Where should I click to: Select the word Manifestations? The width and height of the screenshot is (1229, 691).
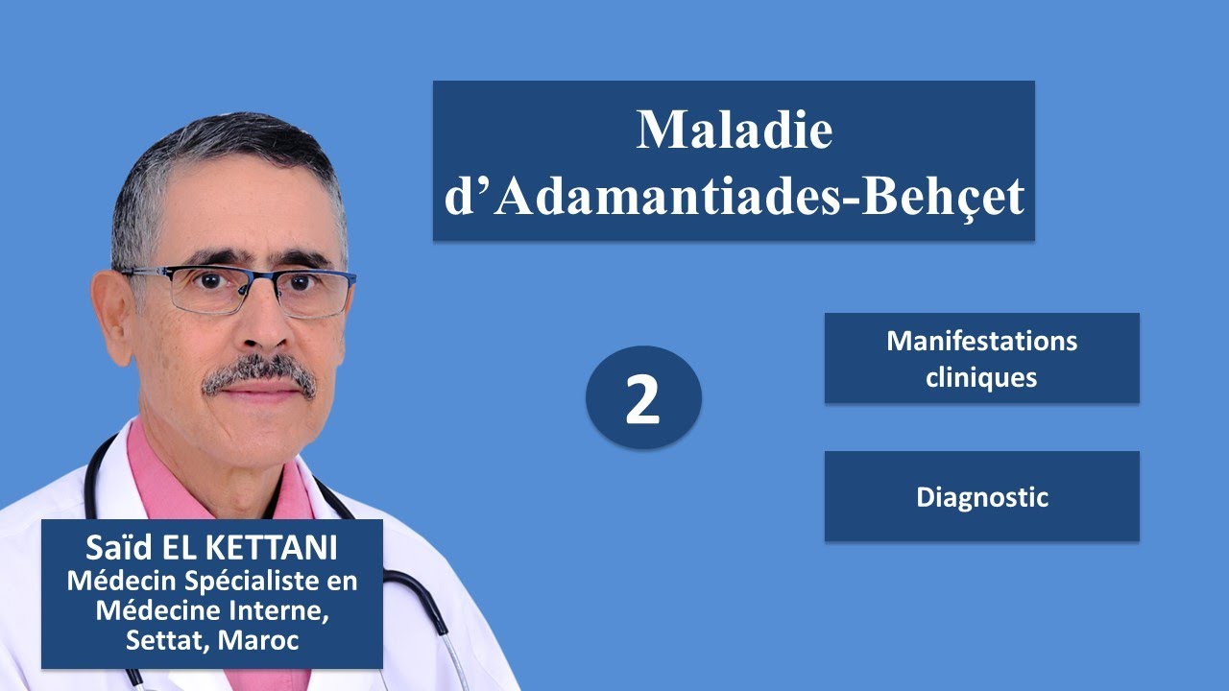pos(981,342)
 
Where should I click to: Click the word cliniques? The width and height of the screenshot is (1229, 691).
pos(981,377)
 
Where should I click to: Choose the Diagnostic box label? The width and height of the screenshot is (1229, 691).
pos(981,497)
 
